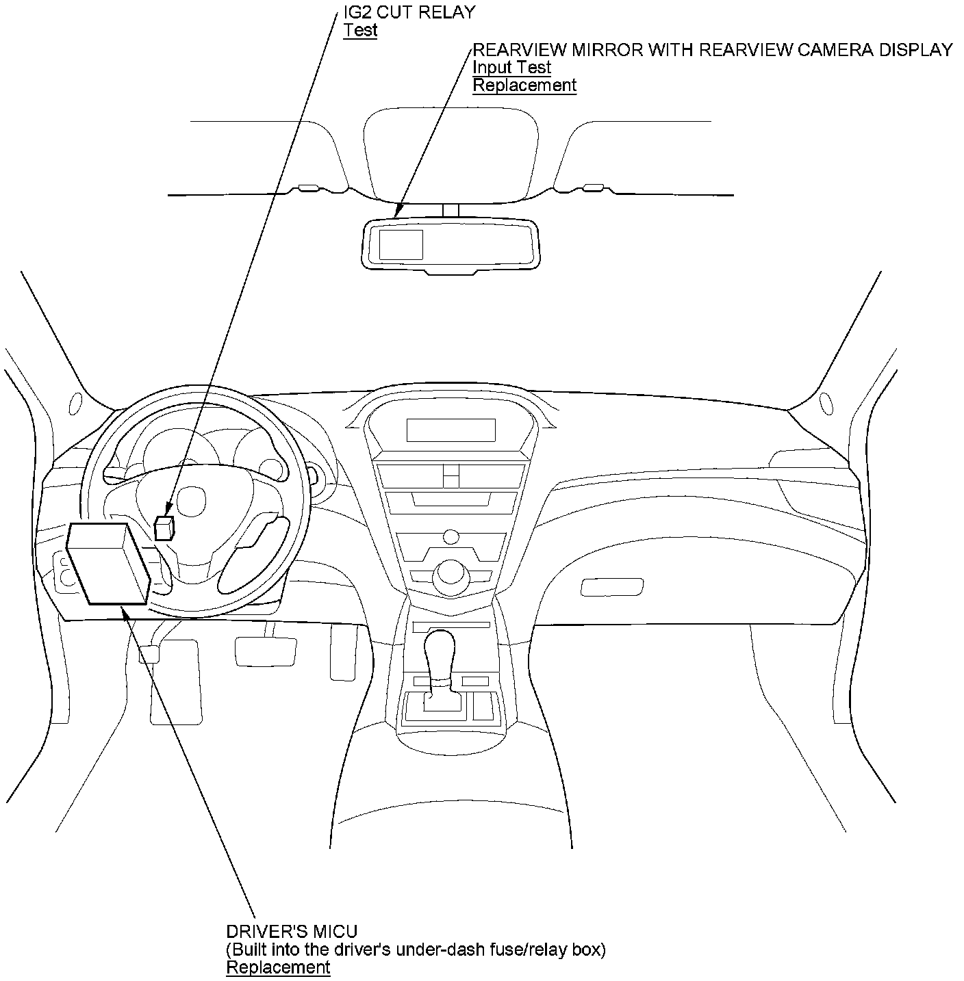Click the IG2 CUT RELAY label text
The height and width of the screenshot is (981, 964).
409,12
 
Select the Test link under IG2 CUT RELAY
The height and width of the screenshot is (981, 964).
360,31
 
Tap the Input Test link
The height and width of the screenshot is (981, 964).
511,67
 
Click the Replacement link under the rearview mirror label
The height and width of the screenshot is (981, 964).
524,86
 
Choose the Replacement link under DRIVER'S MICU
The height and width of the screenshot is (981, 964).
278,967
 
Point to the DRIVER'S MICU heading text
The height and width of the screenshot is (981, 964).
292,931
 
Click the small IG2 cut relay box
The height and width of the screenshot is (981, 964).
164,528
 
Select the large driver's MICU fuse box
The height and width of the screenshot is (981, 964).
107,564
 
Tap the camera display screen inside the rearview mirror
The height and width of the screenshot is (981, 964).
401,245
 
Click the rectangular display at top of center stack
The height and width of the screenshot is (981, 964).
451,430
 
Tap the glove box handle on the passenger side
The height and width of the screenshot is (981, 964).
611,587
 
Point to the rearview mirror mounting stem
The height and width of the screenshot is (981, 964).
450,211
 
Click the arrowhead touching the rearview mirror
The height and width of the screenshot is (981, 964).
398,213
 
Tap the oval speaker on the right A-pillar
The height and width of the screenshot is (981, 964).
824,400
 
